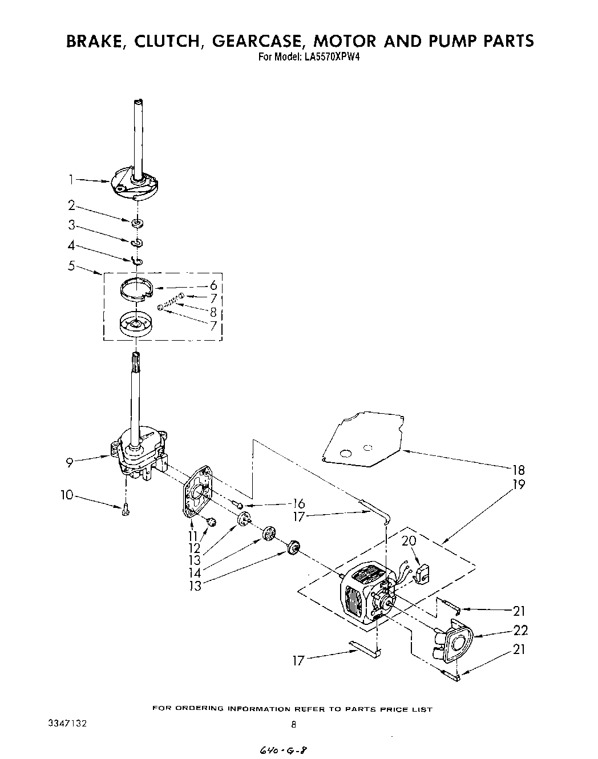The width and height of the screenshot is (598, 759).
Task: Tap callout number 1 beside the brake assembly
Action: [71, 179]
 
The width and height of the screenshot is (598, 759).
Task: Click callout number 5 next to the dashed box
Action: [71, 265]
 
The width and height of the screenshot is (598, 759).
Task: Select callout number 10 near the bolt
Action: [67, 495]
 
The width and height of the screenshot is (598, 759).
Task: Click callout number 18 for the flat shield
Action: [518, 470]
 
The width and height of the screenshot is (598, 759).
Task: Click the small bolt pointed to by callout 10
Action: [126, 510]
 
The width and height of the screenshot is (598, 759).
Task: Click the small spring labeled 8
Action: [169, 302]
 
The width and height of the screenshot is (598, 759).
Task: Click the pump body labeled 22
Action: [456, 641]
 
